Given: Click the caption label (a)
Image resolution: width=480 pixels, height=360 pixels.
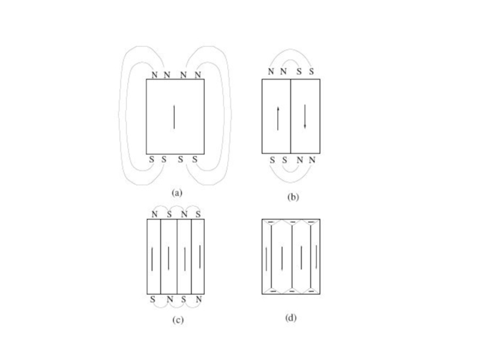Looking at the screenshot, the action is [x=177, y=193].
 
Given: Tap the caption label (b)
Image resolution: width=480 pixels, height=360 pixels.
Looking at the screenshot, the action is [x=293, y=197].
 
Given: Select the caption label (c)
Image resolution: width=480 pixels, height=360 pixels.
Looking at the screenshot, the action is [x=178, y=320].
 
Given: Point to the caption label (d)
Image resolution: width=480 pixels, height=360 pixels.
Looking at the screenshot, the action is [x=291, y=318].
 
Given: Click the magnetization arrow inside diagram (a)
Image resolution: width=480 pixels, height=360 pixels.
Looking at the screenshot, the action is [x=174, y=117].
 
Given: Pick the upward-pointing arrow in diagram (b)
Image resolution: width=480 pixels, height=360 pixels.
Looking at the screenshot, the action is [x=278, y=118].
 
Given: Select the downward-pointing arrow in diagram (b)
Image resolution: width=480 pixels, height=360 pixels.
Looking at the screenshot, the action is [x=305, y=116].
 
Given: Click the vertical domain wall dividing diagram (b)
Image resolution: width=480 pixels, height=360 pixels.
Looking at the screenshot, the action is [x=290, y=116].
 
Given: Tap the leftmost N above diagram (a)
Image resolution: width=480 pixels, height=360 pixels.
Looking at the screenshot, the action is [x=155, y=74].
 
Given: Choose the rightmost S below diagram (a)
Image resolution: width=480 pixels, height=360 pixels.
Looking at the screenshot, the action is [x=194, y=159].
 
